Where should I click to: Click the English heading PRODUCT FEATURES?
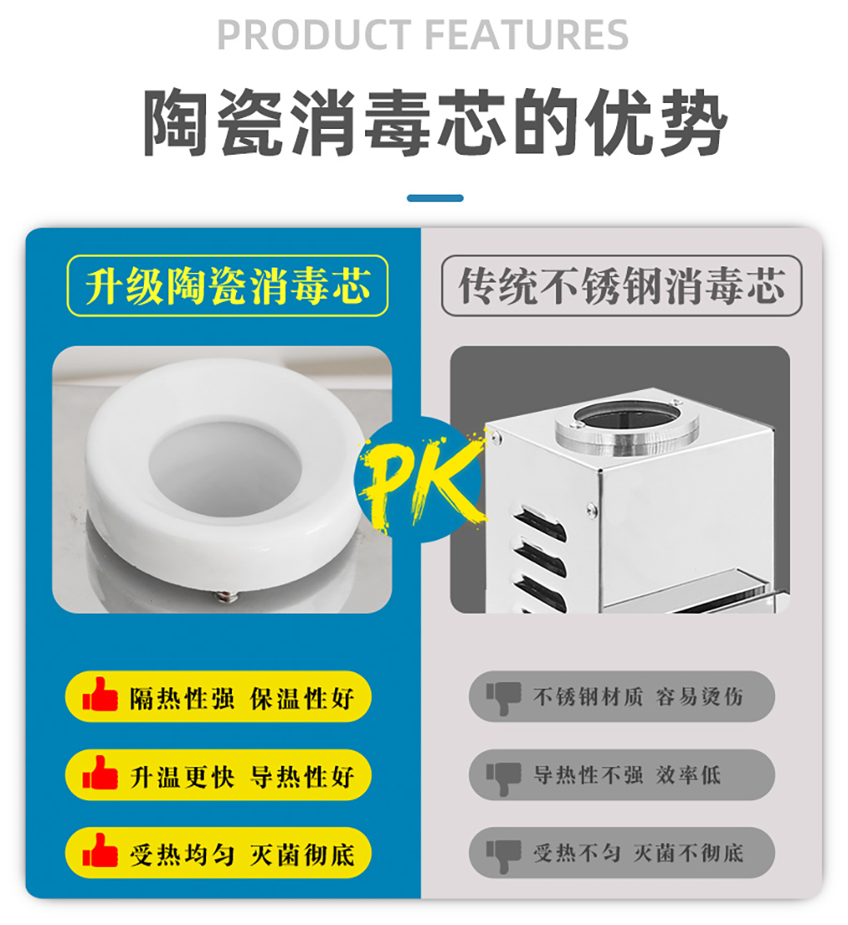[x=422, y=35]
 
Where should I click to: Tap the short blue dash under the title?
[x=435, y=198]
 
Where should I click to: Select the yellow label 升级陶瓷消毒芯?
[x=227, y=285]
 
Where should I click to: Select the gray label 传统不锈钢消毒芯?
[x=621, y=285]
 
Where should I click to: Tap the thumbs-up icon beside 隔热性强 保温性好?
[x=100, y=695]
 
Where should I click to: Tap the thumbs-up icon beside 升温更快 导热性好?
[x=100, y=774]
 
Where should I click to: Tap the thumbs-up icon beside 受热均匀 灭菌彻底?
[x=100, y=852]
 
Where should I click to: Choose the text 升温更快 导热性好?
[x=241, y=775]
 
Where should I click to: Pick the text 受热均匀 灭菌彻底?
[x=241, y=853]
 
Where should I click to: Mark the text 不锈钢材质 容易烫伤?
[x=638, y=696]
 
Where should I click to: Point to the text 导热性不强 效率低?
[x=627, y=774]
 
